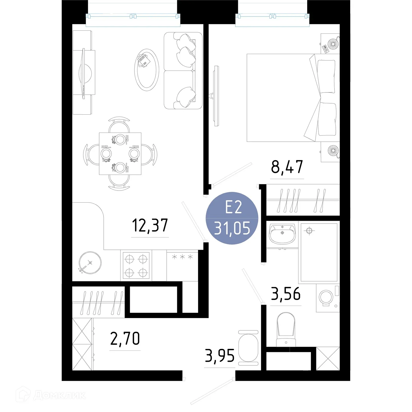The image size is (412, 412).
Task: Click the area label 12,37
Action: tap(150, 225)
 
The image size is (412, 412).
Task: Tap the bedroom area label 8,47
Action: tap(287, 167)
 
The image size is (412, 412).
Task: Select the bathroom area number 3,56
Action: tap(286, 294)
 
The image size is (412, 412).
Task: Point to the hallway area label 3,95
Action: tap(220, 356)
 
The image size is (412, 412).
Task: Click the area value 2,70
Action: tap(125, 339)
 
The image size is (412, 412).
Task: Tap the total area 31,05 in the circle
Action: tap(232, 228)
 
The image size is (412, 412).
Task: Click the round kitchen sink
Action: tap(90, 263)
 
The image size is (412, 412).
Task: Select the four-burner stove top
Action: tap(136, 265)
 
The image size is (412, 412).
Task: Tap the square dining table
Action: tap(120, 154)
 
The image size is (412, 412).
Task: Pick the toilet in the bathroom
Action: tap(286, 328)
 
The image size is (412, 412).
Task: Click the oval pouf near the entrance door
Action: tap(248, 348)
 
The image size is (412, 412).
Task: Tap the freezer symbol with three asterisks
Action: tap(182, 257)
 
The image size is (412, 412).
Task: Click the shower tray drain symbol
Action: tap(309, 230)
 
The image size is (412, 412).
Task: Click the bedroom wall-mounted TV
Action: tap(216, 96)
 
